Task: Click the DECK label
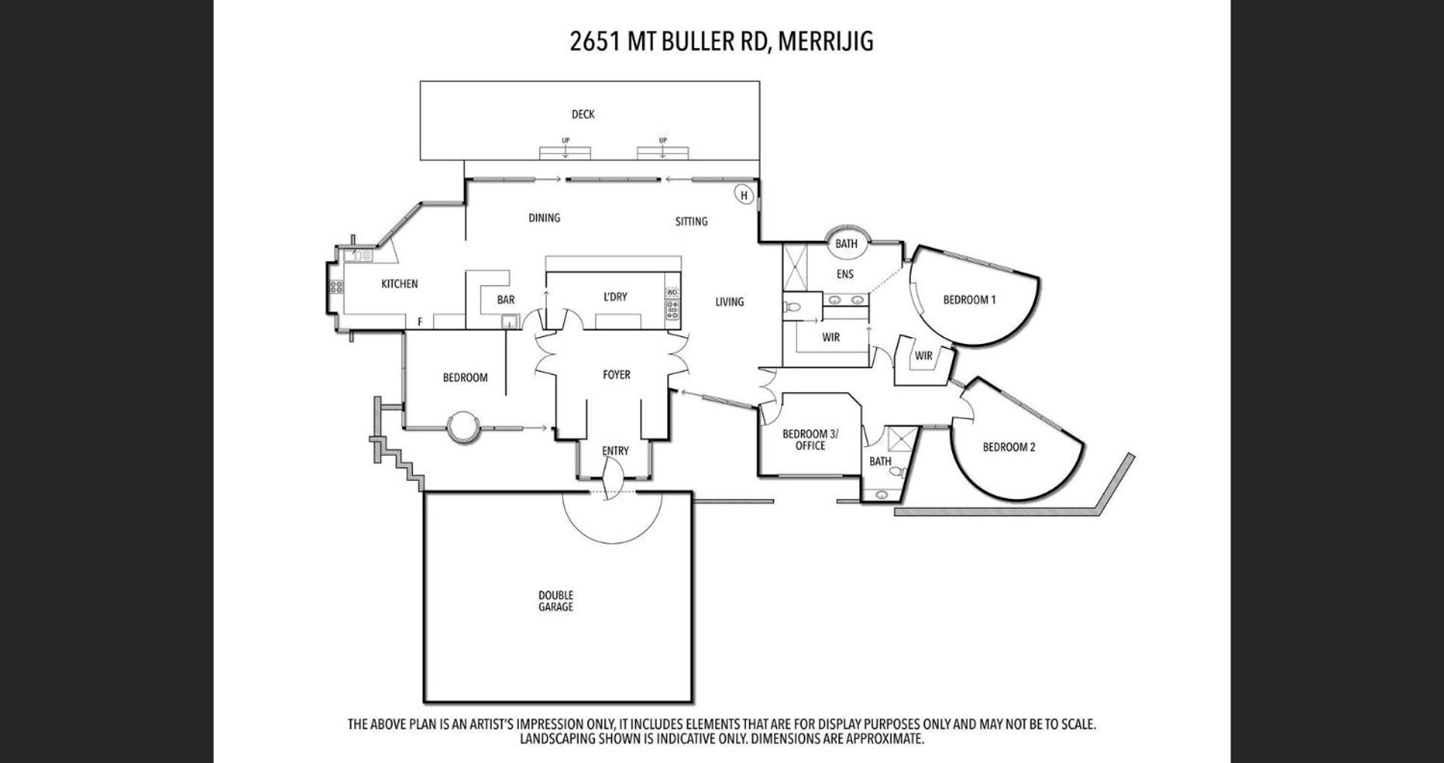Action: [x=583, y=114]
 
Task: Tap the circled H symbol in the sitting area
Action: [x=744, y=196]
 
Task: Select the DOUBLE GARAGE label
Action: [x=556, y=601]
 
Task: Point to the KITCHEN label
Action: [x=399, y=284]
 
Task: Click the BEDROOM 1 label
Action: [x=969, y=299]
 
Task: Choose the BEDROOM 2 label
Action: [x=1009, y=447]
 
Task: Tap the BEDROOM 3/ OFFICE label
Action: [x=810, y=439]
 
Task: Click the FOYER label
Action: [x=617, y=375]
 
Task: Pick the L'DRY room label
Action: [x=615, y=296]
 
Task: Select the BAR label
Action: [x=505, y=299]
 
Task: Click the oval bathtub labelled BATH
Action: [x=847, y=242]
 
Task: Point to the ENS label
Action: [x=845, y=275]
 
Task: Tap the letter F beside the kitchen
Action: [x=420, y=322]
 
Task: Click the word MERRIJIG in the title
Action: [x=826, y=41]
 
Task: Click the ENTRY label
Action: [x=615, y=451]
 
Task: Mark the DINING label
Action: [x=544, y=218]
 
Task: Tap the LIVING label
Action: [x=729, y=302]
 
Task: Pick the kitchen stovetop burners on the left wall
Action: [x=335, y=287]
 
